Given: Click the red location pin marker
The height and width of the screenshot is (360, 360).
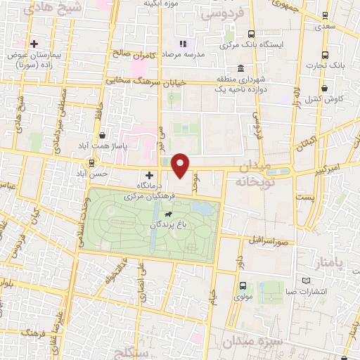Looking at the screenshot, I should coord(181,165).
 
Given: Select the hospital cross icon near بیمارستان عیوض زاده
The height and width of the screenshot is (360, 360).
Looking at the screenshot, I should coord(33,44).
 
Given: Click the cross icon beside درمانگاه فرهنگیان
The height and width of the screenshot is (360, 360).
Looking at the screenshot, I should coord(149,175).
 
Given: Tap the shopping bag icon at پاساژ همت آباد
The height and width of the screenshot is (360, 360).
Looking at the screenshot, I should coord(103,134).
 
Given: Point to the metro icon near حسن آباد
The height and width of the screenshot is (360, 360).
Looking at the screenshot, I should coord(91,162).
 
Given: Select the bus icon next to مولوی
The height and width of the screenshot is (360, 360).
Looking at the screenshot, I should coord(243,285).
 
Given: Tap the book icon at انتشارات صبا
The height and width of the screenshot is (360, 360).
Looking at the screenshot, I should coord(306,281).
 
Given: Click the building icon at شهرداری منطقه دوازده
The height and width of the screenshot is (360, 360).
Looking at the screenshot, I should coord(241,68).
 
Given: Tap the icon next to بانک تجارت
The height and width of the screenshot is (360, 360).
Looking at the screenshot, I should coord(324,55).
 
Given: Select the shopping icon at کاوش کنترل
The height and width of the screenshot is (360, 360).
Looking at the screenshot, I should coord(324,89).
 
